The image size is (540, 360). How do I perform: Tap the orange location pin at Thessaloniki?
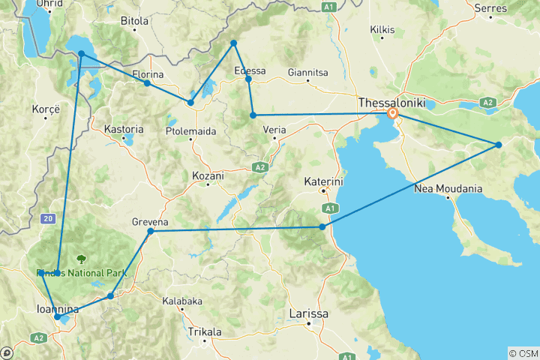tap(393, 115)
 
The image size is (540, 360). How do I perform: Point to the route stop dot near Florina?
tap(147, 83)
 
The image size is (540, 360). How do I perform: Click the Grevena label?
tap(150, 223)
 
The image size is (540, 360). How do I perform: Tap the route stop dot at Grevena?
tap(151, 232)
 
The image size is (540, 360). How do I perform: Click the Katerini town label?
tap(323, 181)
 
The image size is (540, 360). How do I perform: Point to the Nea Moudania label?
tap(448, 189)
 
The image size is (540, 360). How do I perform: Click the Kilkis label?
tap(382, 30)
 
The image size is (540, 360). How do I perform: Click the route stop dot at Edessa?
tap(248, 79)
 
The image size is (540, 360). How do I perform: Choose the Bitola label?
tap(135, 21)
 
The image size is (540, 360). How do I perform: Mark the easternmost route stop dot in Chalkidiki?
tap(499, 145)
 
